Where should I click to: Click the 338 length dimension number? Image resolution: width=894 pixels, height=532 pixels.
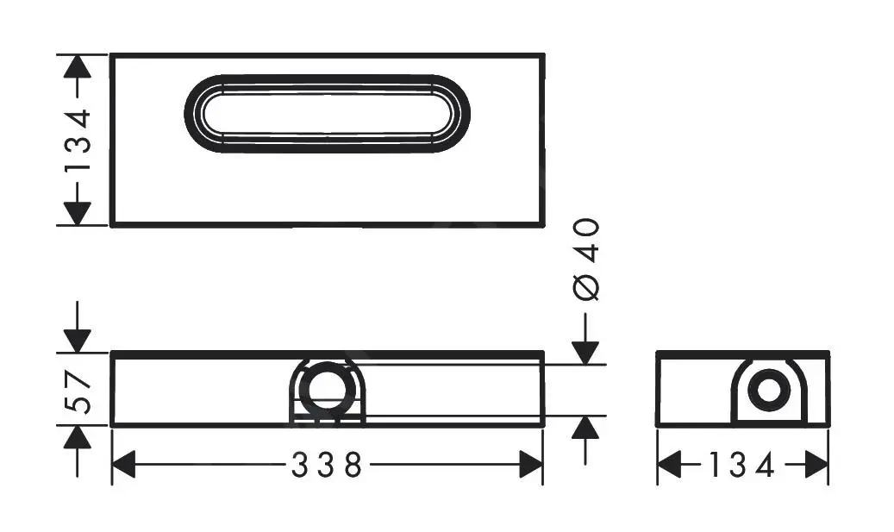pos(327,466)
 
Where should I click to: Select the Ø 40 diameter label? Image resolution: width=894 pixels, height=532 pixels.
pos(586,259)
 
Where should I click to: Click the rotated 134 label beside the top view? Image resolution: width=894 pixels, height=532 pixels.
pos(78,140)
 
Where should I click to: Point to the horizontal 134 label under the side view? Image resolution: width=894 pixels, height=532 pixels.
pos(742,466)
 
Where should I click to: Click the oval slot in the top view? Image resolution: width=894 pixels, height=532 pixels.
pos(328,114)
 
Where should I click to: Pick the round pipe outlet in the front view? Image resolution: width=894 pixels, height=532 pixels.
pos(327,388)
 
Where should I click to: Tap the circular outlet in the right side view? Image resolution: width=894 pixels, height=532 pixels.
pos(769,390)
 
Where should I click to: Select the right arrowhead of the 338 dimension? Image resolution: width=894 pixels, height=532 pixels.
pos(531,466)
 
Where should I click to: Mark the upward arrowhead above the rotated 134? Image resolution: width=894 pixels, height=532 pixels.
pos(78,67)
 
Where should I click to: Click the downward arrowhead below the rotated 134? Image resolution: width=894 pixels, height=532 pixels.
pos(78,213)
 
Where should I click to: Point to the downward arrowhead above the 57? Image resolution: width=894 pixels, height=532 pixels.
pos(78,340)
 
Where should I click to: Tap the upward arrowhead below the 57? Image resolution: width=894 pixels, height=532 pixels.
pos(78,438)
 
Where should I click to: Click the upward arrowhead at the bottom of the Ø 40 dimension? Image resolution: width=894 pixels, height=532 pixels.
pos(586,428)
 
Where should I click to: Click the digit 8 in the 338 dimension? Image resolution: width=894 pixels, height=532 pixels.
pos(352,466)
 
